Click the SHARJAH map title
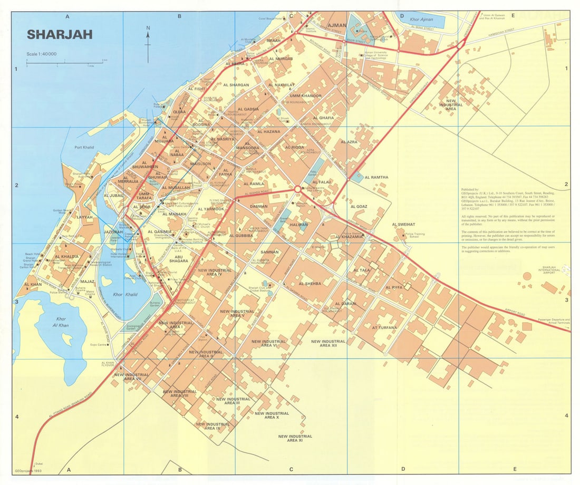click(x=60, y=35)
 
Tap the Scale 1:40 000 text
click(x=42, y=54)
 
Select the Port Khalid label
click(x=84, y=148)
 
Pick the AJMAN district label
click(x=337, y=25)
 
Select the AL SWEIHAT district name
click(x=404, y=225)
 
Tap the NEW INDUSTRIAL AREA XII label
click(x=328, y=343)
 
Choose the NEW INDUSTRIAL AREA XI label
click(x=295, y=438)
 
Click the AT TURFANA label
click(x=384, y=327)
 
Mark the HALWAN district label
click(x=299, y=225)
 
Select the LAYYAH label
click(x=84, y=217)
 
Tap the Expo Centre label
click(x=99, y=345)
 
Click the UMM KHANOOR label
click(x=302, y=96)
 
